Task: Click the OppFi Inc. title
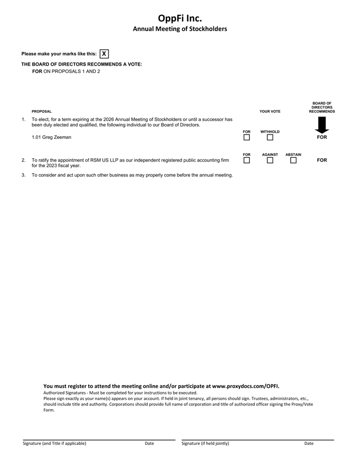click(180, 19)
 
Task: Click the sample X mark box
click(104, 53)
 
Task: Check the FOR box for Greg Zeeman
click(247, 138)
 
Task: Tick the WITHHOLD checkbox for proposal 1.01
click(270, 138)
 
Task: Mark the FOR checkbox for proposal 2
click(247, 160)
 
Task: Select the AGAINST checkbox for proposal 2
click(270, 160)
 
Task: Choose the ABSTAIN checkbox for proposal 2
click(293, 160)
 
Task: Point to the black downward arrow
click(322, 125)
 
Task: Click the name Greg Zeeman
click(57, 137)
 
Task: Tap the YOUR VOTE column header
click(270, 112)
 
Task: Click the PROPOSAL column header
click(42, 112)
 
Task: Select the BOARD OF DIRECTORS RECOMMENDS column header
click(322, 107)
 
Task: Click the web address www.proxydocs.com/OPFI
click(245, 386)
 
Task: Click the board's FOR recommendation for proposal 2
click(322, 160)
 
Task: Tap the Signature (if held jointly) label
click(205, 443)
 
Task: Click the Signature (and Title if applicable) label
click(54, 443)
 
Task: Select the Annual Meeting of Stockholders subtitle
click(180, 29)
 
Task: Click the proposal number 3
click(23, 175)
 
